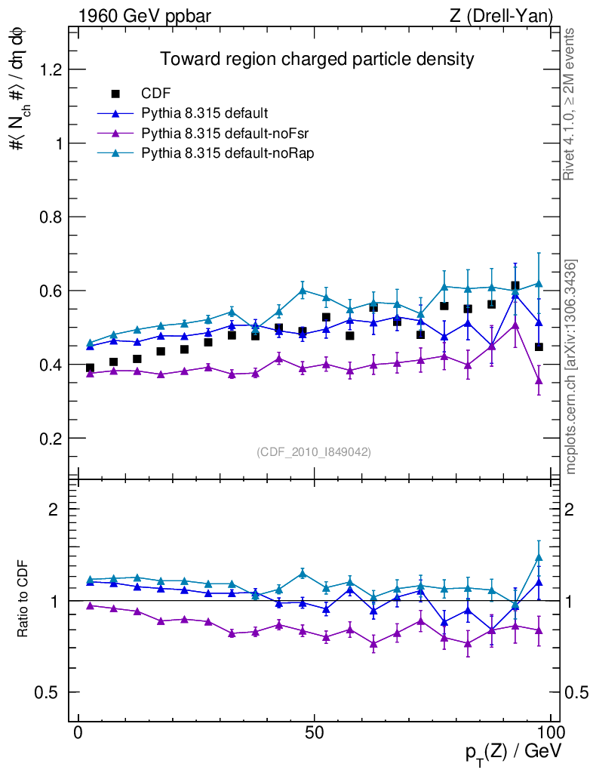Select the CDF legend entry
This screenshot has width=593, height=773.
coord(156,94)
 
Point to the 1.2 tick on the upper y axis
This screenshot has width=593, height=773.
coord(49,69)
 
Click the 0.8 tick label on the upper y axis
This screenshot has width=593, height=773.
coord(49,217)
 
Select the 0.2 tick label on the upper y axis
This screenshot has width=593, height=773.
coord(49,439)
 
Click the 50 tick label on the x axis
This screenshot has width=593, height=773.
coord(315,732)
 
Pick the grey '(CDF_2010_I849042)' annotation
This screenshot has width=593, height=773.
coord(314,451)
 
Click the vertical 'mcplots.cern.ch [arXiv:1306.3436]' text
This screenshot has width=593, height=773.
coord(571,367)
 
